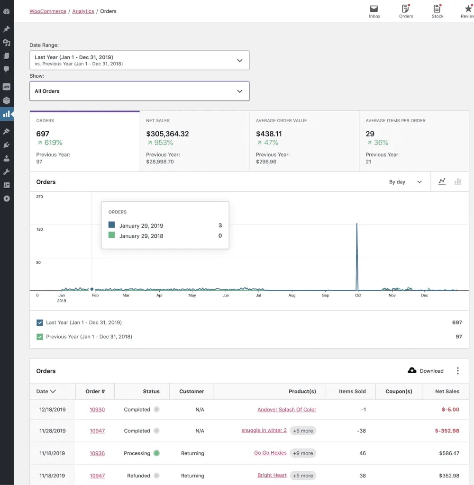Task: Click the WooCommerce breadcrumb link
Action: coord(48,11)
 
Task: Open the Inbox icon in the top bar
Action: coord(374,11)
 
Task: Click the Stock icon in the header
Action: coord(438,11)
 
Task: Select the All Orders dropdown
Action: coord(139,91)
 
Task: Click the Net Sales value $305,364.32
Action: coord(167,134)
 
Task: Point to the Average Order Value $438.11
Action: coord(269,134)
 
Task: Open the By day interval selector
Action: coord(405,182)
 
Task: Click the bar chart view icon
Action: coord(458,182)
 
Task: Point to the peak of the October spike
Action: coord(356,224)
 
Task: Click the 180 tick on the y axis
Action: coord(40,229)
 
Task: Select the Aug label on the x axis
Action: coord(292,296)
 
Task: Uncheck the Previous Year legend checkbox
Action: coord(40,337)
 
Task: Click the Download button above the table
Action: coord(426,371)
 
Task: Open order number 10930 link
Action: coord(97,410)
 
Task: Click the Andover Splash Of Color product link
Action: coord(287,410)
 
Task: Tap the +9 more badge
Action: coord(303,453)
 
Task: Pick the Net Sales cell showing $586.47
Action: coord(449,453)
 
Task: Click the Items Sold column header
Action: coord(352,392)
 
